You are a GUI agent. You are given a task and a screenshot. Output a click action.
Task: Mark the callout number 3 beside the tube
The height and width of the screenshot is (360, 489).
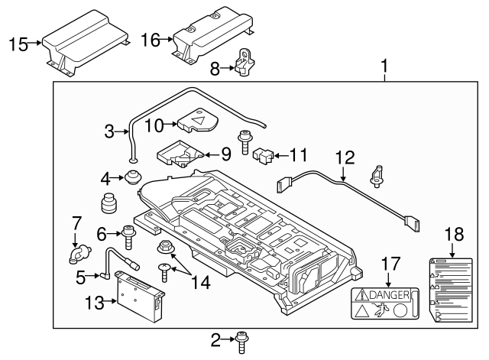109,131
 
